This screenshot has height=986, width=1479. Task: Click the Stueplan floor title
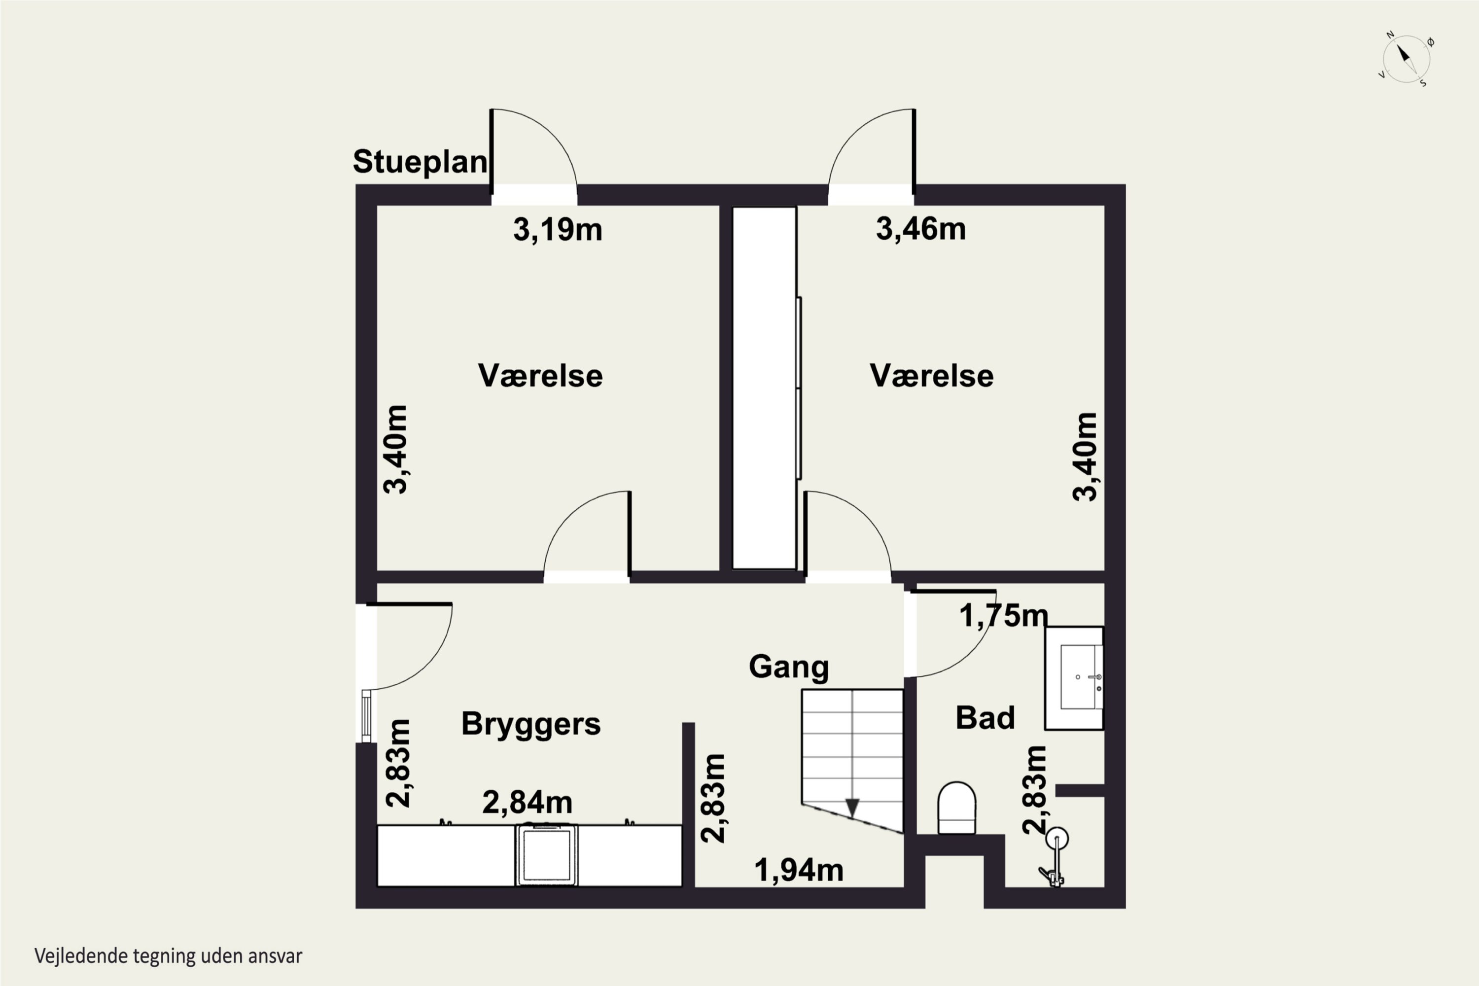click(x=420, y=162)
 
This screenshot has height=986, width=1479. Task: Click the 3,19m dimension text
click(x=558, y=230)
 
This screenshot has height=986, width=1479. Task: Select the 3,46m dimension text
click(x=920, y=228)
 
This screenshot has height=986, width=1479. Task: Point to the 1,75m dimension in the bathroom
click(x=1004, y=616)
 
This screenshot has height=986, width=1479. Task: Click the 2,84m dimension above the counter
click(x=527, y=803)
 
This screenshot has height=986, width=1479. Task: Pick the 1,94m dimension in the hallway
click(x=799, y=870)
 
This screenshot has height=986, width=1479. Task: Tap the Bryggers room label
click(x=531, y=724)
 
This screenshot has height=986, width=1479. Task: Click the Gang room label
click(x=788, y=667)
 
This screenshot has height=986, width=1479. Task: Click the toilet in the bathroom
click(x=956, y=808)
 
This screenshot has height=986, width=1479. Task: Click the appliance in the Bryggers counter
click(x=546, y=855)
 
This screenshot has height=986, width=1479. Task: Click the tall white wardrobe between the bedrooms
click(x=765, y=388)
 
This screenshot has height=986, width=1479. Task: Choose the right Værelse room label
click(x=931, y=375)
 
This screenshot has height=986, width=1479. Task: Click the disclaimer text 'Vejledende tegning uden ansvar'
click(x=169, y=956)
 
